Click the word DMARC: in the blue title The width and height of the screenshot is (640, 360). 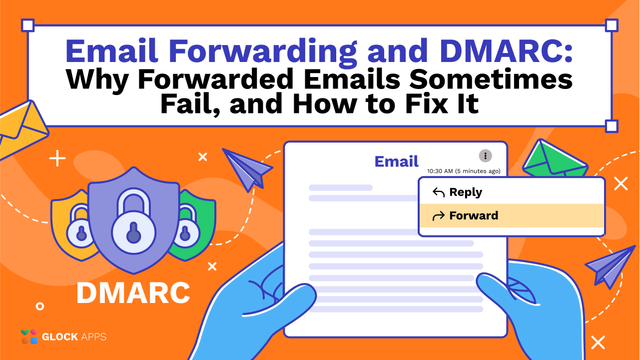[x=506, y=51]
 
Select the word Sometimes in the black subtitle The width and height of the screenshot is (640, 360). [x=491, y=79]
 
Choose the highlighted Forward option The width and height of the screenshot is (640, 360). [x=466, y=216]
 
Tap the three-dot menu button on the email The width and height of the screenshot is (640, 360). [x=485, y=156]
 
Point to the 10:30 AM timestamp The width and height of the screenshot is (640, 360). [x=464, y=171]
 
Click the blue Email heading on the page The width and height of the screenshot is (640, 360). [x=396, y=161]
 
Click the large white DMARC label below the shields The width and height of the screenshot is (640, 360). [x=133, y=293]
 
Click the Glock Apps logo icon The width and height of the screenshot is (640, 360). [x=29, y=336]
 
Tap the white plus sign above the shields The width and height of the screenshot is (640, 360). [x=57, y=158]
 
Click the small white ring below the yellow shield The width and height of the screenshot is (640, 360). [x=40, y=306]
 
